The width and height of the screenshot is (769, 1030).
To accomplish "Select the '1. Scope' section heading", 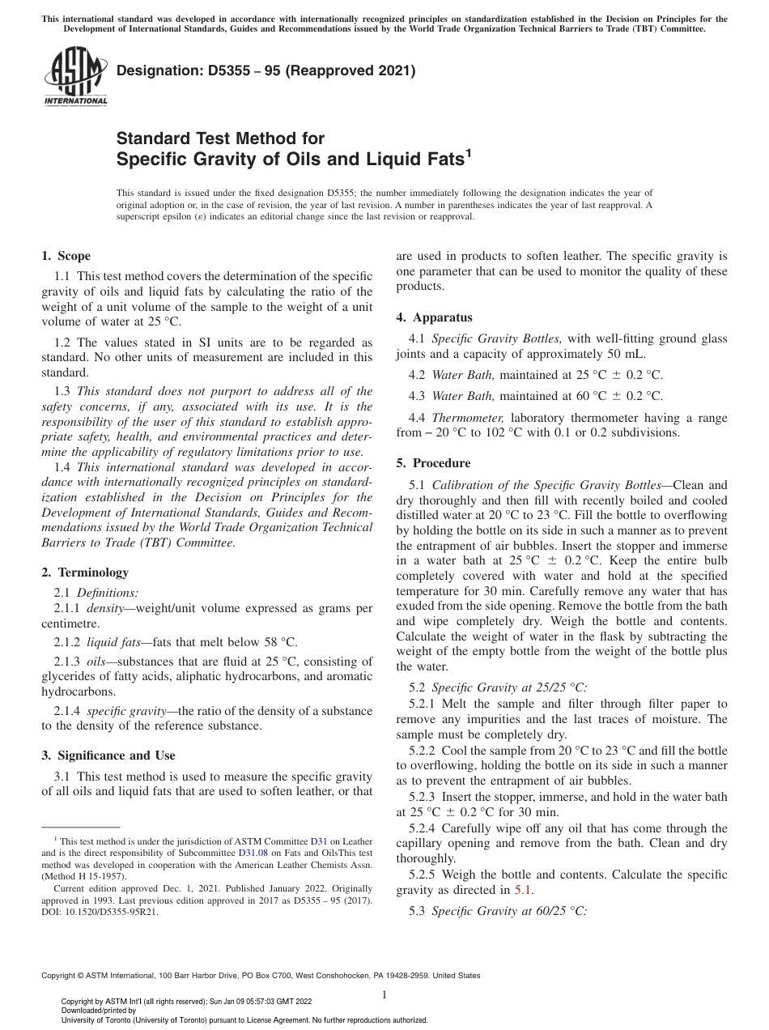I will click(66, 257).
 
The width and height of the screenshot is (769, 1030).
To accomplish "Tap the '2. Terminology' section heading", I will click(84, 572).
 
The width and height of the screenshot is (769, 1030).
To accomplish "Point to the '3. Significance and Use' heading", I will click(108, 755).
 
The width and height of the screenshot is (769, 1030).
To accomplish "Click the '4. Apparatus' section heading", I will click(434, 317).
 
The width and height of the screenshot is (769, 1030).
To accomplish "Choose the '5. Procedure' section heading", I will click(433, 463).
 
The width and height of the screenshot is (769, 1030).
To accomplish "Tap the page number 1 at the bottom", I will click(384, 995).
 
